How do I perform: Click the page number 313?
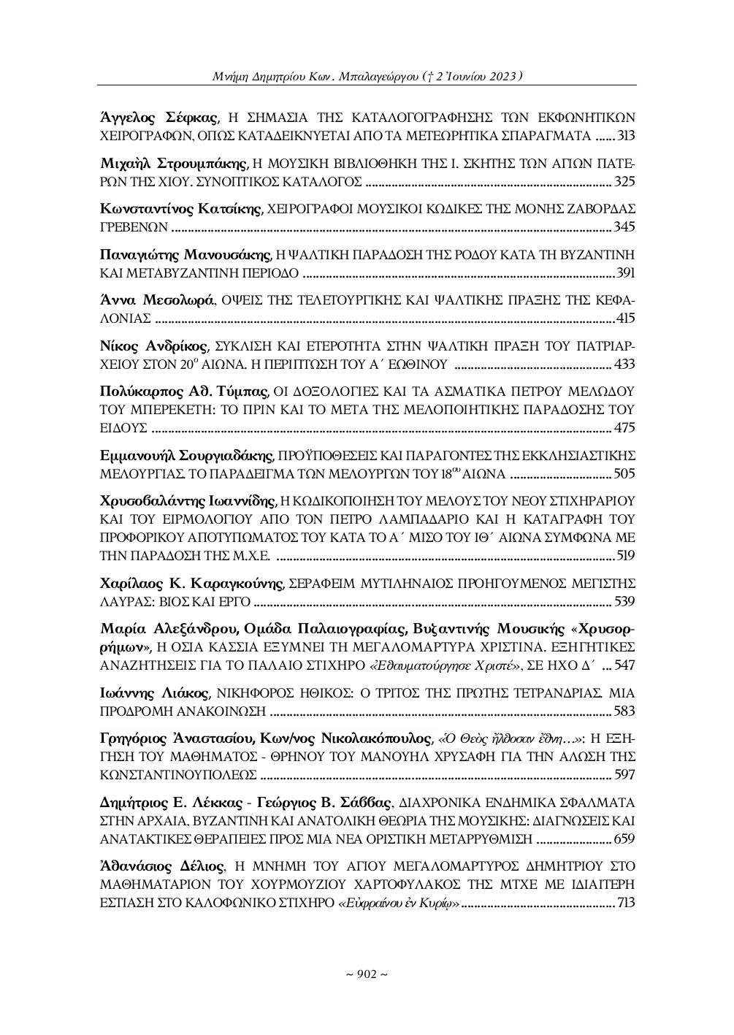(626, 136)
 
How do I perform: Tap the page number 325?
(626, 181)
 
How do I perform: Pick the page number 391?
(626, 273)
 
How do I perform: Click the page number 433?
(626, 364)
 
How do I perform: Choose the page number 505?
(626, 473)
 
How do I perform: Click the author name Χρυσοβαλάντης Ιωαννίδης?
(187, 501)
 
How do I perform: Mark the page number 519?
(626, 556)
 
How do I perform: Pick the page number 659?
(626, 838)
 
